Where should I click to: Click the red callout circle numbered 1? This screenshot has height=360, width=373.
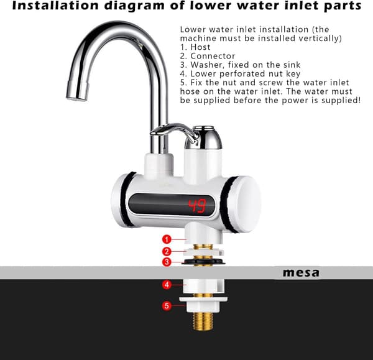click(167, 239)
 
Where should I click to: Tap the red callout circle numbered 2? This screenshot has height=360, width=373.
click(167, 251)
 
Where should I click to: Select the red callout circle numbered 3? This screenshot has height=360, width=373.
click(167, 262)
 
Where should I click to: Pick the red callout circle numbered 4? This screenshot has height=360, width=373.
click(167, 285)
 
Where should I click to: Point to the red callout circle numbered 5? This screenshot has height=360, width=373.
click(167, 305)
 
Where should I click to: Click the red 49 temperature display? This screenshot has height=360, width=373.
click(197, 206)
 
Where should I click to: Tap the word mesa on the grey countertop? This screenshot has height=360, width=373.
click(301, 273)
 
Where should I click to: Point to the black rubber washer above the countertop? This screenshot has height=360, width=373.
click(203, 262)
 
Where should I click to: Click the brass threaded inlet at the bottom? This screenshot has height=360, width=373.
click(203, 321)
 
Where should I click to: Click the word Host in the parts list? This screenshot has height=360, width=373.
click(200, 47)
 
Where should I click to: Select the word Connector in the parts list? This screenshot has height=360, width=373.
click(213, 56)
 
